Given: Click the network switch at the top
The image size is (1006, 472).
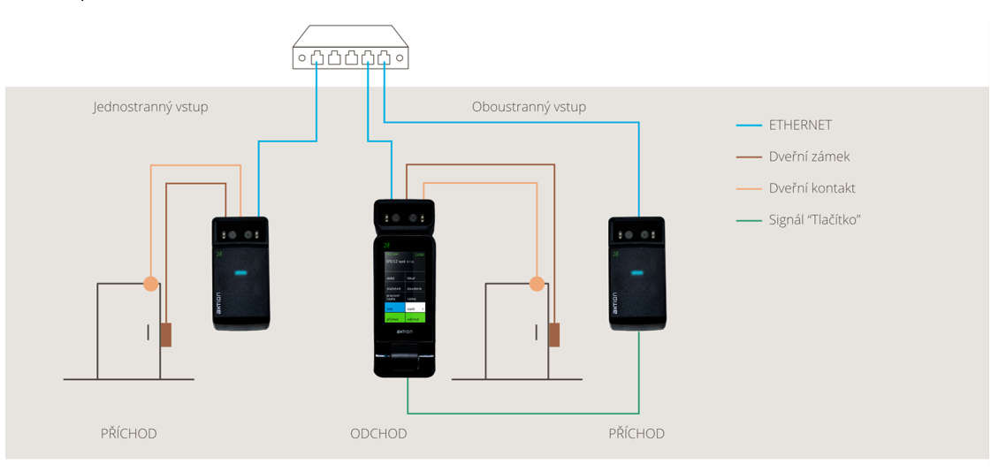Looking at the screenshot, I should coord(350,48).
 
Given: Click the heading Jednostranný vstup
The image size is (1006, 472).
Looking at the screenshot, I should coord(150,107).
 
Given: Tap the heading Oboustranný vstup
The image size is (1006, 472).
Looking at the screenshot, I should coord(529,107).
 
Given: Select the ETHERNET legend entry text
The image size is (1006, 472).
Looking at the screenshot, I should coord(800,126).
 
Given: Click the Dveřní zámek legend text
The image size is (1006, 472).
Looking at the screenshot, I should coord(810,156).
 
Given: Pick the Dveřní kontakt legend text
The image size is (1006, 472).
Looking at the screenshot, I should coord(812,188).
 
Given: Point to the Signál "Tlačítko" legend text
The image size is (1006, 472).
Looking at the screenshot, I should coord(814,219).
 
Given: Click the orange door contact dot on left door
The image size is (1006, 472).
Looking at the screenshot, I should coord(151,284).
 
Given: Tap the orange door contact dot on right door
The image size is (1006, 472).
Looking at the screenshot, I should coord(537,284).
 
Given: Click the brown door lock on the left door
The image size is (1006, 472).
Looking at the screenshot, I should coord(165,335).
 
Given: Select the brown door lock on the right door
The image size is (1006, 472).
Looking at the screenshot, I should coord(554,335).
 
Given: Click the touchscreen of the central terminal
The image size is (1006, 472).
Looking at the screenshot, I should coord(405,286).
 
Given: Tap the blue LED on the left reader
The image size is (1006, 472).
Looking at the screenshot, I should coord(240,272).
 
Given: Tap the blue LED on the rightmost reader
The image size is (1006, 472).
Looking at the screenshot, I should coord(636,272).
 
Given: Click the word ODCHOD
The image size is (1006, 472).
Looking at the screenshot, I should coord(378,433).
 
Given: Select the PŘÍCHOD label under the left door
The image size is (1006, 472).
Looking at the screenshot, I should coord(128,433).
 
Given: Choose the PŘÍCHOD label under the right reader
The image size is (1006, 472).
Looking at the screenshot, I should coord(636,433).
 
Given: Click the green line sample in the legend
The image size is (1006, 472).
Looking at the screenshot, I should coord(749,220).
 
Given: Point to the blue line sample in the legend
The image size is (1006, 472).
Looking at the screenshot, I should coord(749,126).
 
